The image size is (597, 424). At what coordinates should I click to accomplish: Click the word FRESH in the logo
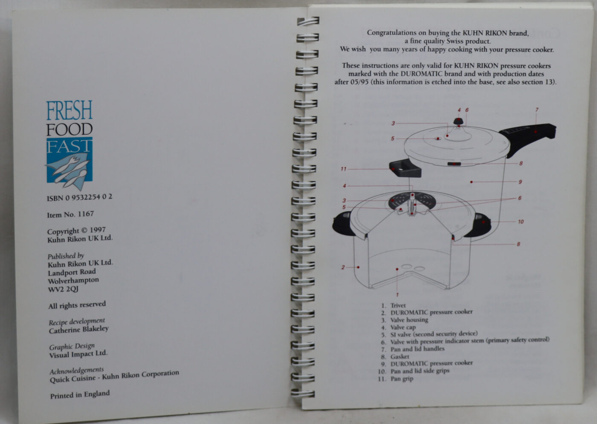tap(70, 110)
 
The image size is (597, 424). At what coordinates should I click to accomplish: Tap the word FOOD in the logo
tap(70, 130)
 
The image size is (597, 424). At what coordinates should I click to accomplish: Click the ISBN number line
tap(79, 197)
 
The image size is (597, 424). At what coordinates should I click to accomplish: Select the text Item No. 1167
tap(70, 214)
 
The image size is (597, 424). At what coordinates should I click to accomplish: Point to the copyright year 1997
tap(98, 230)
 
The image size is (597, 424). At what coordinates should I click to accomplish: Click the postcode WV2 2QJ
tap(63, 289)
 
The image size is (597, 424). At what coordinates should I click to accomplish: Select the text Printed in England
tap(80, 395)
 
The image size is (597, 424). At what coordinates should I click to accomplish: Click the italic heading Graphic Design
tap(72, 346)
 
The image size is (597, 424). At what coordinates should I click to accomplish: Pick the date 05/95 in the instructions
tap(359, 82)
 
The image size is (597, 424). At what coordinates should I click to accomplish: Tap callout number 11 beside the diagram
tap(343, 169)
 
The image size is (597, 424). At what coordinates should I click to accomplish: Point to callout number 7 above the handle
tap(537, 110)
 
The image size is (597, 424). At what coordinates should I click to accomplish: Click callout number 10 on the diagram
tap(521, 222)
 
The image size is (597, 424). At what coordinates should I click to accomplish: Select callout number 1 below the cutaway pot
tap(397, 294)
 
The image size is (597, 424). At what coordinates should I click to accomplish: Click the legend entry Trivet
tap(398, 305)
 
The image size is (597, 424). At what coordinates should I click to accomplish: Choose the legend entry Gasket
tap(400, 356)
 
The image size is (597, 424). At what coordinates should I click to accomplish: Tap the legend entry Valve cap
tap(403, 327)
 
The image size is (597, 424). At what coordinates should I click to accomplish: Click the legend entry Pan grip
tap(402, 379)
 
